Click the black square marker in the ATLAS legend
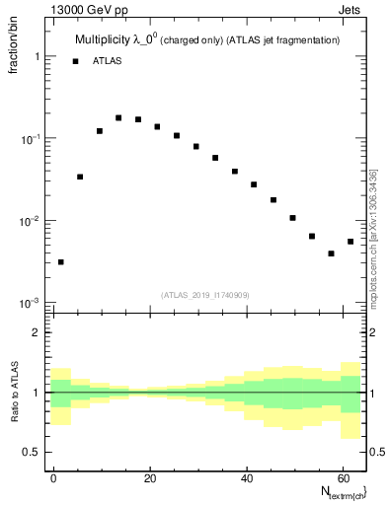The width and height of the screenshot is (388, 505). tap(75, 61)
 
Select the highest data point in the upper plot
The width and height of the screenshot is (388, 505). tap(118, 117)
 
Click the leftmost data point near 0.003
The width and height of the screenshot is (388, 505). tap(61, 262)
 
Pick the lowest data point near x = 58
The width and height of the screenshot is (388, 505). tap(331, 253)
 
